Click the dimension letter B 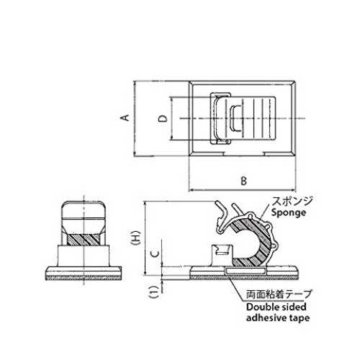click(x=243, y=181)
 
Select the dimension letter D click(x=163, y=119)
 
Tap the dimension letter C click(x=156, y=253)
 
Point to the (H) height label click(x=136, y=238)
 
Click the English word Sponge click(x=289, y=213)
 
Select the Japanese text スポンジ click(x=292, y=201)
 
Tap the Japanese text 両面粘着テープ click(x=279, y=294)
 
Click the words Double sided click(x=276, y=307)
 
